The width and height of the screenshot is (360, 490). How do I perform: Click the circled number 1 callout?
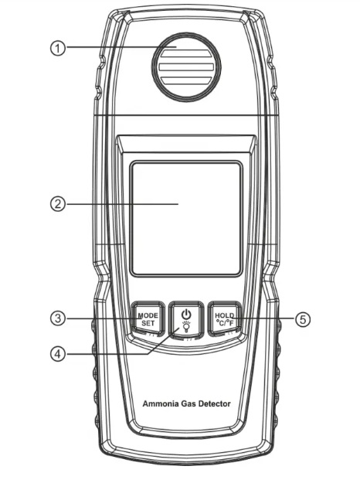pyautogui.click(x=58, y=49)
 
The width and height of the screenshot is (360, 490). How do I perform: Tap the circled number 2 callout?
pyautogui.click(x=58, y=204)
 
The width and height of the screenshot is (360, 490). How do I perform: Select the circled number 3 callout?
pyautogui.click(x=58, y=318)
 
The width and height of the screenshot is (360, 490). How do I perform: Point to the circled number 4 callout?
pyautogui.click(x=58, y=354)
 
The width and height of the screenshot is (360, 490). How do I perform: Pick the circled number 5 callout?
pyautogui.click(x=303, y=319)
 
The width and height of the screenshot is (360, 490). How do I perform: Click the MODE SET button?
pyautogui.click(x=148, y=319)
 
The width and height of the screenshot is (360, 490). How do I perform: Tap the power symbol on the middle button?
pyautogui.click(x=186, y=314)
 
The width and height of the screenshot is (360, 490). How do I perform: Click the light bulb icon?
pyautogui.click(x=186, y=327)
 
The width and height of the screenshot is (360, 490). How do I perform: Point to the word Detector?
pyautogui.click(x=215, y=403)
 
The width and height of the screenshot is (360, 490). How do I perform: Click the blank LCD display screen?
pyautogui.click(x=186, y=219)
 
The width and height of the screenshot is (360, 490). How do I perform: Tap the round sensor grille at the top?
pyautogui.click(x=186, y=67)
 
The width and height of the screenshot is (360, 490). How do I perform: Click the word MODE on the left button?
pyautogui.click(x=148, y=315)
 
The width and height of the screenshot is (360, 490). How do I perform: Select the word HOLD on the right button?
pyautogui.click(x=224, y=315)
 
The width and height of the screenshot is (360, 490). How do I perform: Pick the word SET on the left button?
pyautogui.click(x=148, y=323)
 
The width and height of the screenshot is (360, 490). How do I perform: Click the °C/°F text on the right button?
pyautogui.click(x=225, y=323)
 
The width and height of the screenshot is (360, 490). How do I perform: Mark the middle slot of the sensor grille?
pyautogui.click(x=186, y=67)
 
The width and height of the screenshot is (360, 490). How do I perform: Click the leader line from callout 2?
pyautogui.click(x=122, y=204)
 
